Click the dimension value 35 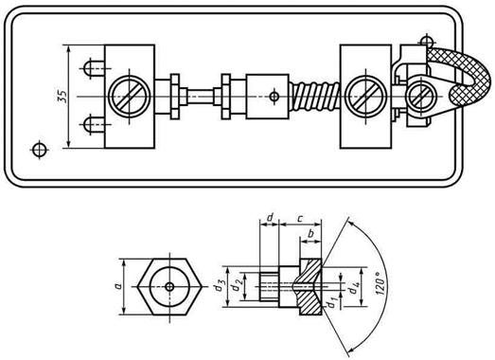click(x=62, y=97)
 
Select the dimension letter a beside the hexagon click(x=118, y=286)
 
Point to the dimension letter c click(x=300, y=218)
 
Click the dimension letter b click(x=310, y=234)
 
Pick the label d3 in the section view click(x=219, y=286)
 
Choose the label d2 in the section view click(x=236, y=286)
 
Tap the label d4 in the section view click(x=354, y=288)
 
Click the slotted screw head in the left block click(x=129, y=97)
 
